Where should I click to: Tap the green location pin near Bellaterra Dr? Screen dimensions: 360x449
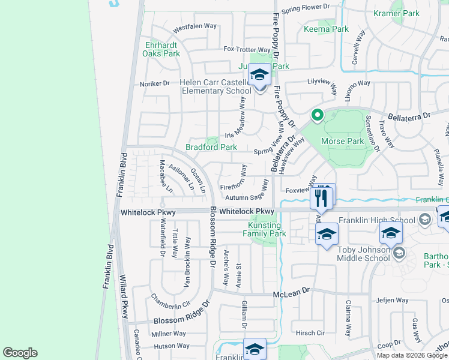pyautogui.click(x=316, y=115)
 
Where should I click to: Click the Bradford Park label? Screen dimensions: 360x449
pyautogui.click(x=211, y=147)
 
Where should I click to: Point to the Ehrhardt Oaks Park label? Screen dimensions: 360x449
pyautogui.click(x=161, y=49)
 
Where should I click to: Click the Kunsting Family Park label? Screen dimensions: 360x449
pyautogui.click(x=267, y=229)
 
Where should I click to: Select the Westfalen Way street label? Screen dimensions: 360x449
pyautogui.click(x=194, y=27)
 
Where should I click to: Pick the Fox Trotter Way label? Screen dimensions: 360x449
pyautogui.click(x=247, y=49)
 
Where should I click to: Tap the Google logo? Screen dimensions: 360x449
pyautogui.click(x=20, y=353)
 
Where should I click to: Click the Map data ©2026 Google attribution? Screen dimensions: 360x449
pyautogui.click(x=412, y=355)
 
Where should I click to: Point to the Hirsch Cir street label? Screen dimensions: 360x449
pyautogui.click(x=310, y=332)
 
